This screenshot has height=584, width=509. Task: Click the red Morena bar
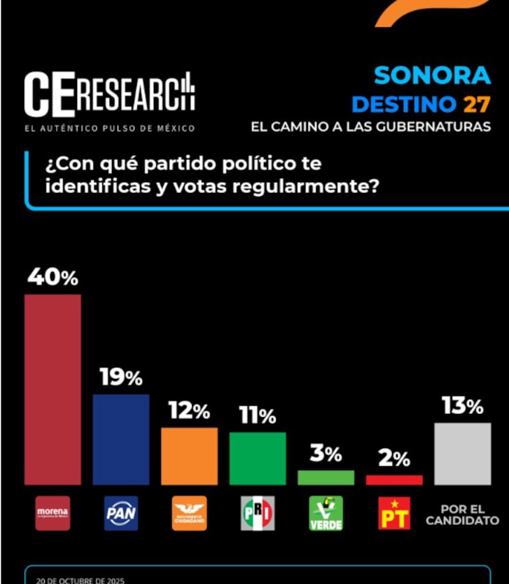tap(52, 389)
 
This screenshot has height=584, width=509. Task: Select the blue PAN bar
tap(121, 439)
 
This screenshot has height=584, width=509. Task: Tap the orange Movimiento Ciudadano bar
tap(189, 456)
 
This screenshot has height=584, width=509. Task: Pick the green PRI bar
tap(257, 459)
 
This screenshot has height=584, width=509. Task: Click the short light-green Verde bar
tap(326, 478)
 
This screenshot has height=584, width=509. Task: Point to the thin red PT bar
tap(394, 480)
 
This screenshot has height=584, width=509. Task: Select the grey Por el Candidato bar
tap(462, 453)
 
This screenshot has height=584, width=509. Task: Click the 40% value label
tap(52, 278)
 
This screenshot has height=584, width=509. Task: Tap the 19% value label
tap(121, 378)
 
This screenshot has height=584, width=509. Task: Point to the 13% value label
tap(462, 406)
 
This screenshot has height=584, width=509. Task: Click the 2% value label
tap(394, 459)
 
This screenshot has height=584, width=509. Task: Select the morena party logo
tap(52, 513)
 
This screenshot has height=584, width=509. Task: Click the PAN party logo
tap(121, 513)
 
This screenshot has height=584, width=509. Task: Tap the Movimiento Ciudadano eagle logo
tap(189, 513)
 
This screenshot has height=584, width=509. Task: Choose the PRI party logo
tap(257, 513)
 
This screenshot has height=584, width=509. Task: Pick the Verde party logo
tap(326, 513)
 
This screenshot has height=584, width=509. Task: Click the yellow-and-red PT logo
tap(394, 513)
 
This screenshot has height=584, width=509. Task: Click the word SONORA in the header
tap(432, 75)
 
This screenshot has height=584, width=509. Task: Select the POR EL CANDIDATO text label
tap(462, 515)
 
